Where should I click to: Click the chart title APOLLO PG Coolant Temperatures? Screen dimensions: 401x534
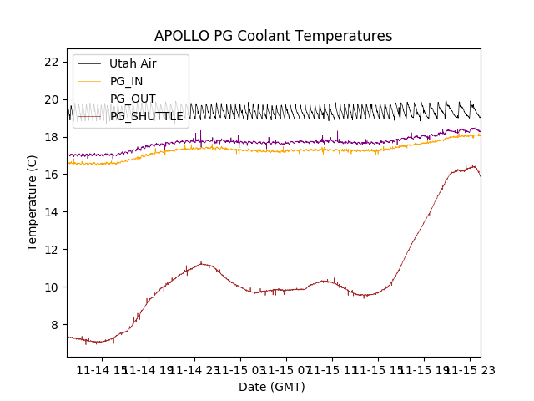tap(273, 37)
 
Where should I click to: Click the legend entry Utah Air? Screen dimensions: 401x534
tap(133, 63)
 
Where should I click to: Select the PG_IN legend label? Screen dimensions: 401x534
tap(126, 81)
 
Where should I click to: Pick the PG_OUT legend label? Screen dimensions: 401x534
tap(132, 99)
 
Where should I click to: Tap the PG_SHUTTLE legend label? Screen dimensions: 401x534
tap(146, 116)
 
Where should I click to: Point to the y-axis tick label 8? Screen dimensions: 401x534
tap(54, 325)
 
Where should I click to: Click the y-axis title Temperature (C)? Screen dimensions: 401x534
tap(33, 202)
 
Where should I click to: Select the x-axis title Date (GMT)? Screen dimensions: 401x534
tap(272, 387)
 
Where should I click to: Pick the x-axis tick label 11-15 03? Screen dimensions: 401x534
tap(240, 369)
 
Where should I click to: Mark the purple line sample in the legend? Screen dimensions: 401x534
tap(90, 99)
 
